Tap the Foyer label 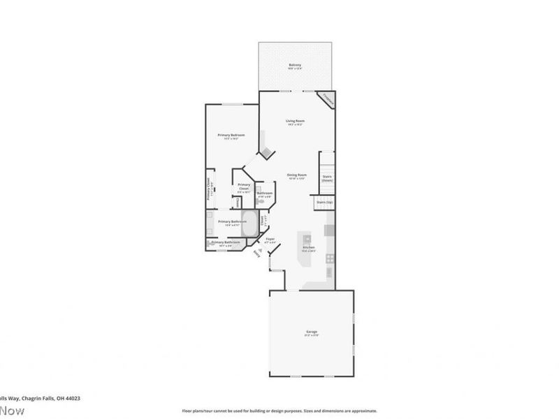pos(270,239)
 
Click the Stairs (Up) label pos(325,202)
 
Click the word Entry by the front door pos(257,253)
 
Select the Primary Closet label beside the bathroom pos(244,186)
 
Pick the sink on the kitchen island pos(306,240)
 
